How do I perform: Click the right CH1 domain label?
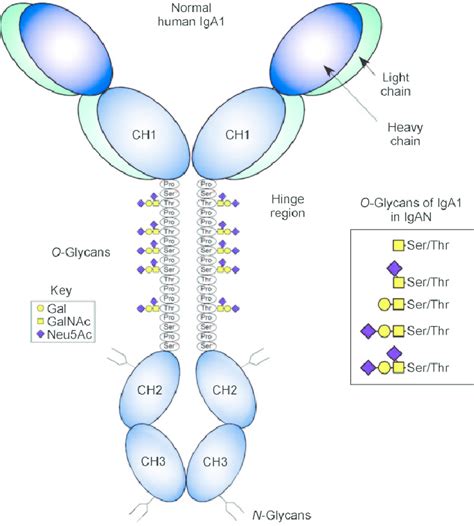pos(237,134)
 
